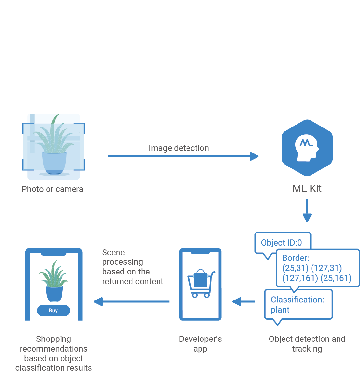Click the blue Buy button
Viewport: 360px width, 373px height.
coord(53,311)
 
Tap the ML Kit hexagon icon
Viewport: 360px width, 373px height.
coord(307,148)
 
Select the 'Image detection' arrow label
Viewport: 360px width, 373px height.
coord(179,148)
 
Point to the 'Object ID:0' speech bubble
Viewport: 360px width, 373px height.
coord(282,243)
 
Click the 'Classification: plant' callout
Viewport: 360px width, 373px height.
coord(298,305)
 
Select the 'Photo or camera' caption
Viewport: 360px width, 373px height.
coord(52,189)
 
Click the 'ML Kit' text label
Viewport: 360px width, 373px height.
coord(307,189)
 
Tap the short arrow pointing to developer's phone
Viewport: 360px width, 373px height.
coord(244,302)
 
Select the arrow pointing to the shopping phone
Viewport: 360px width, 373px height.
coord(132,302)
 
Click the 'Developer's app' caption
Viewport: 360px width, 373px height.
coord(200,344)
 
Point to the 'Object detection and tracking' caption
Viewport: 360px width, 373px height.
coord(307,344)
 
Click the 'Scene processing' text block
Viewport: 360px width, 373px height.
coord(132,267)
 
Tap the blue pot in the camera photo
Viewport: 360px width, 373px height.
coord(54,163)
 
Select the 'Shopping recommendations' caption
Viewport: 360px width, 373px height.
coord(53,353)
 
